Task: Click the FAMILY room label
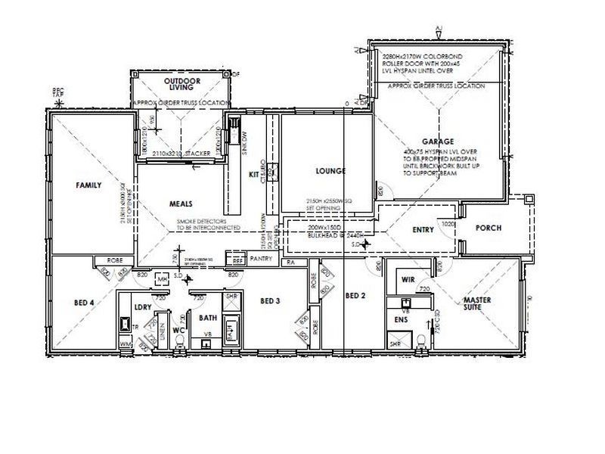(88, 185)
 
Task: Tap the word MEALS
(181, 204)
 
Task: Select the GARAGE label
(438, 141)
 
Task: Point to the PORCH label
(489, 229)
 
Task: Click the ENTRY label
(423, 230)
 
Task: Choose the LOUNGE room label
(330, 171)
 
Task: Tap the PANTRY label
(260, 259)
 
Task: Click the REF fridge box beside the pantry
(237, 260)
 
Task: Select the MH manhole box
(160, 280)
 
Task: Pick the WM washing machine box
(125, 345)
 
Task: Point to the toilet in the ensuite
(419, 342)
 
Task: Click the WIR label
(408, 279)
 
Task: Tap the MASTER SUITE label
(478, 305)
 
